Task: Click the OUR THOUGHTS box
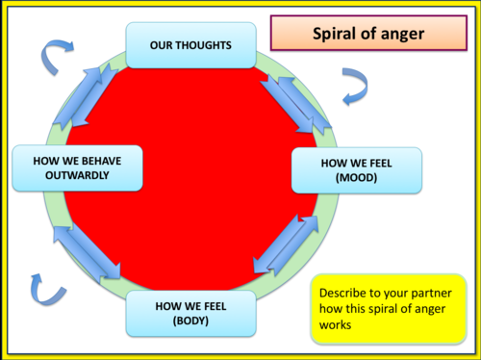coord(190,46)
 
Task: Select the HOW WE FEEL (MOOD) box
coord(356,170)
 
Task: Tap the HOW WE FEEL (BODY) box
coord(191,314)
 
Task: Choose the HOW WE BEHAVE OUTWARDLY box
coord(76,168)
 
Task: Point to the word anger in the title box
coord(397,34)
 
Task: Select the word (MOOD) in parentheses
coord(357,179)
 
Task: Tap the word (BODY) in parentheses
coord(191,322)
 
